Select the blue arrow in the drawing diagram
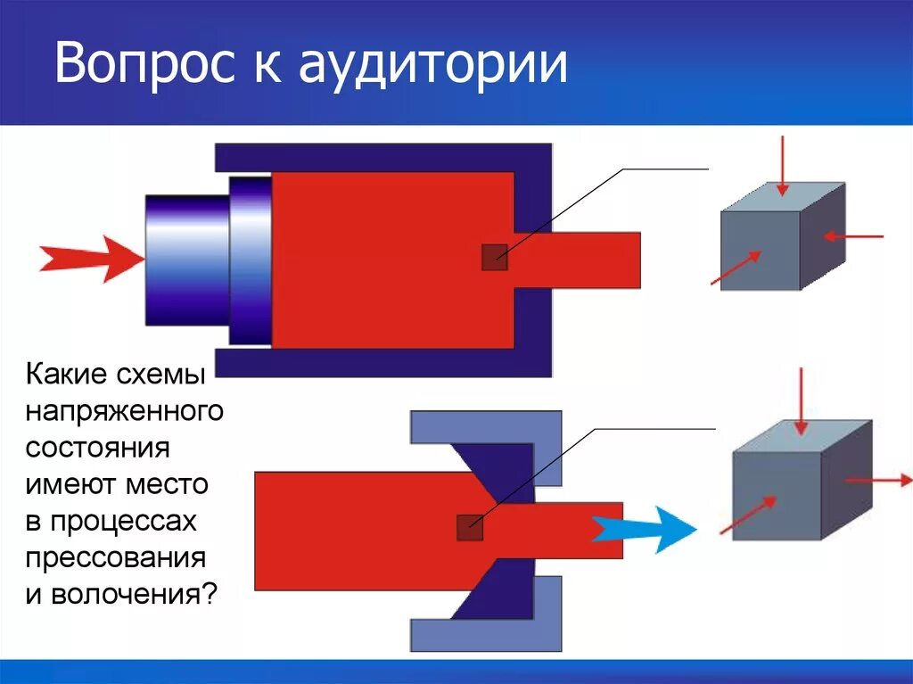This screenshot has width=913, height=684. pyautogui.click(x=644, y=529)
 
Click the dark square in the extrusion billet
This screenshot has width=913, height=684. pyautogui.click(x=495, y=257)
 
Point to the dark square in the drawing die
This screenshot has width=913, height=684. pyautogui.click(x=470, y=528)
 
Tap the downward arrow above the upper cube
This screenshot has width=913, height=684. pyautogui.click(x=782, y=165)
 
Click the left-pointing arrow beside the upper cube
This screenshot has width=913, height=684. pyautogui.click(x=852, y=236)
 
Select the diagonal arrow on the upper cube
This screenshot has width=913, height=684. pyautogui.click(x=736, y=268)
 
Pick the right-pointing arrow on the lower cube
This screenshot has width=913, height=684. pyautogui.click(x=878, y=481)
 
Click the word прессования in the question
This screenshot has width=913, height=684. pyautogui.click(x=116, y=559)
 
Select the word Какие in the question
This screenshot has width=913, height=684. pyautogui.click(x=67, y=375)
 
